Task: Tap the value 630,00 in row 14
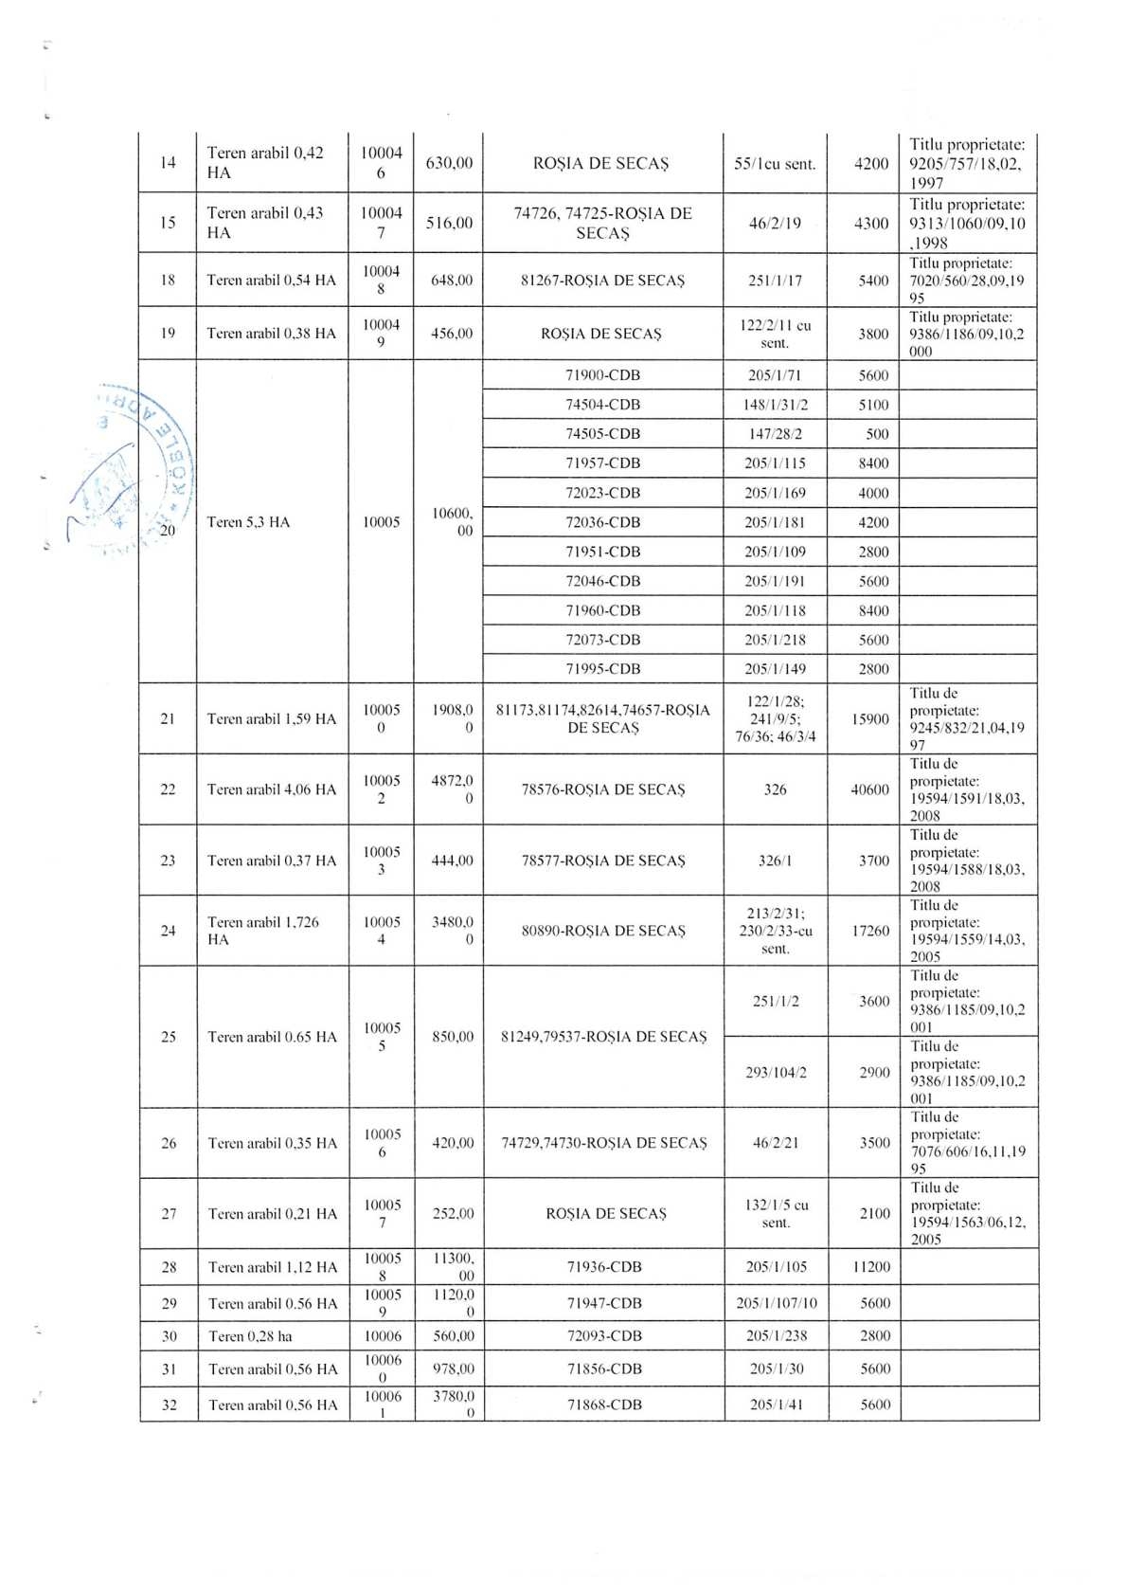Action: (449, 163)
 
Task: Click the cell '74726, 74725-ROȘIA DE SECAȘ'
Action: (602, 223)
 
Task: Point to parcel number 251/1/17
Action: (774, 281)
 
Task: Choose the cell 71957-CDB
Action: (602, 463)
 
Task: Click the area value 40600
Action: (869, 789)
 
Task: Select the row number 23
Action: (168, 861)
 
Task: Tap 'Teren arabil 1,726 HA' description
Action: (263, 931)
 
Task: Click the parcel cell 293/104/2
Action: (775, 1072)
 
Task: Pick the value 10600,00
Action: (451, 522)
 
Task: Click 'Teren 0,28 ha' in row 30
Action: (250, 1336)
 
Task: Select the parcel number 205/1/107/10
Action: (776, 1303)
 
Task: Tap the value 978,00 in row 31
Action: (453, 1368)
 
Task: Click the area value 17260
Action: (869, 931)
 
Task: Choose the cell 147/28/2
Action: (774, 434)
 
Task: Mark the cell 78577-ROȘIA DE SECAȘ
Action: (602, 861)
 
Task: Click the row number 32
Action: (169, 1405)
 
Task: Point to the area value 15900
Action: (869, 718)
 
